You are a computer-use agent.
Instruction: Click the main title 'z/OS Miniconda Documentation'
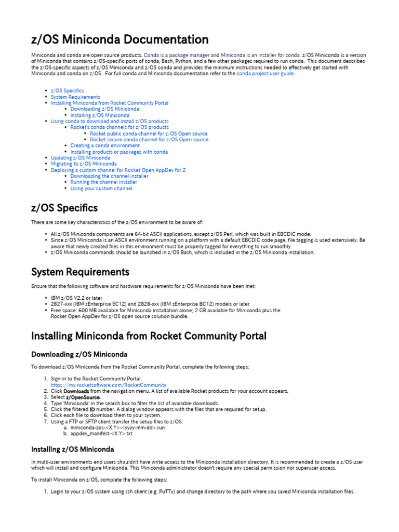click(120, 39)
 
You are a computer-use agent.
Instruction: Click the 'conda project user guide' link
click(265, 74)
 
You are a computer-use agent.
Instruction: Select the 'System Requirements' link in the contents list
click(75, 97)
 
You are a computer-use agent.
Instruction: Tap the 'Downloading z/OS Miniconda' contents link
click(104, 109)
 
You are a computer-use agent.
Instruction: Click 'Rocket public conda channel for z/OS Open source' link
click(149, 134)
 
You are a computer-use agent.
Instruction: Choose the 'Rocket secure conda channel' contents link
click(149, 140)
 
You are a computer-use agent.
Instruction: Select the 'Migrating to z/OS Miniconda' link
click(84, 164)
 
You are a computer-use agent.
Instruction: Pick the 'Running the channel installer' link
click(104, 182)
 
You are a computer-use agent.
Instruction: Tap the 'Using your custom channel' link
click(101, 189)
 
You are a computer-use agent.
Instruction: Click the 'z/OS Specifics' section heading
click(64, 208)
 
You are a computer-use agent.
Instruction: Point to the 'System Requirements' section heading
click(81, 272)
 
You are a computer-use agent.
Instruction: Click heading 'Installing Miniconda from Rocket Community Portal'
click(149, 336)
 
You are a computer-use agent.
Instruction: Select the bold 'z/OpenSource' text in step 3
click(83, 397)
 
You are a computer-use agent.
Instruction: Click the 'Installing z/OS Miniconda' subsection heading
click(73, 449)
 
